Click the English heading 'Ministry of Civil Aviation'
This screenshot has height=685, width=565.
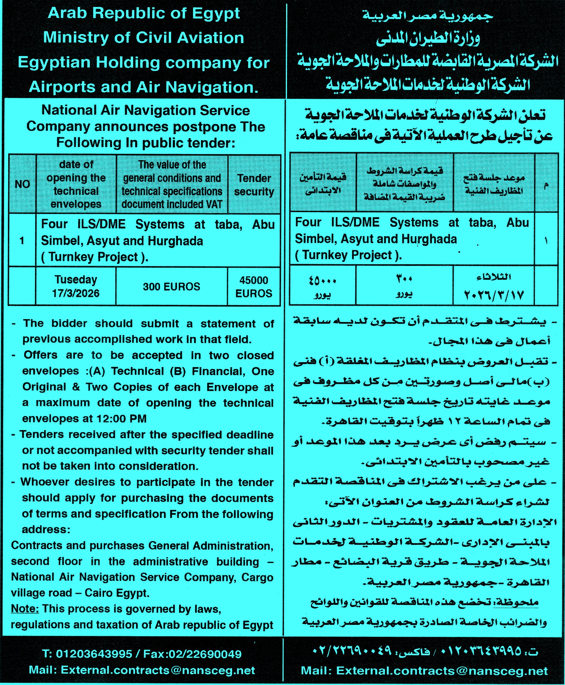143,38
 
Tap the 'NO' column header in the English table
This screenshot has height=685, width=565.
22,184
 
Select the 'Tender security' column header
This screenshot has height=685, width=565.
254,185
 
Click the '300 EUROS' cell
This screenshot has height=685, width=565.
171,286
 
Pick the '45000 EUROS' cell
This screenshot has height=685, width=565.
253,287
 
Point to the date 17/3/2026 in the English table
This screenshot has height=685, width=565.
76,293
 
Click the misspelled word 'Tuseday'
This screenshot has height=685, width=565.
76,279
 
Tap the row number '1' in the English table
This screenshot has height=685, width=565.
22,241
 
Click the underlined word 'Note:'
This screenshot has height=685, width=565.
25,609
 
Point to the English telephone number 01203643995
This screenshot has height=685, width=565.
94,654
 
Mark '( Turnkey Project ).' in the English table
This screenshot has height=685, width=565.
95,257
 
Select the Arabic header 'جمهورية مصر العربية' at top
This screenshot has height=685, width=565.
428,16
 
